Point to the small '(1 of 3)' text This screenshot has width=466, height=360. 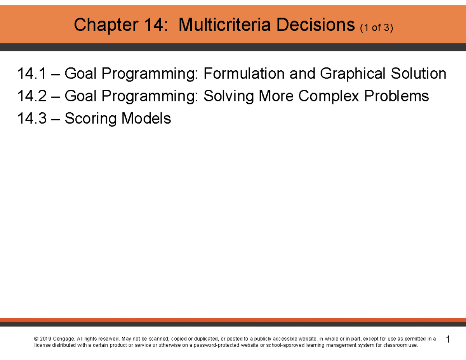point(377,28)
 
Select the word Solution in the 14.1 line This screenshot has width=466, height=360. point(421,73)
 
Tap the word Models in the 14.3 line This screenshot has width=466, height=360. point(146,118)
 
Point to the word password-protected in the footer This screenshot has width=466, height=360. point(218,345)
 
